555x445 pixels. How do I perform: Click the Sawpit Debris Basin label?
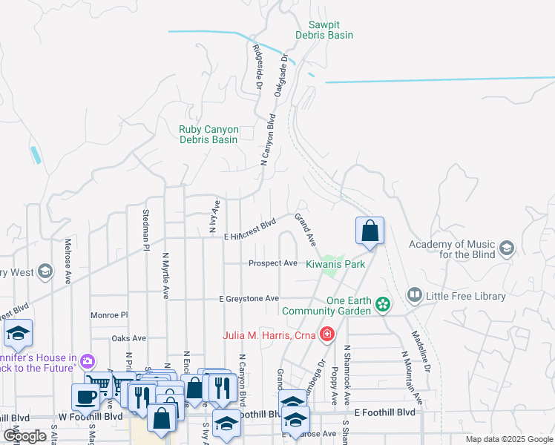324,30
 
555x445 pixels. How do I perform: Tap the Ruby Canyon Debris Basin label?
208,134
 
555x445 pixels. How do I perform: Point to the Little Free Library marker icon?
414,296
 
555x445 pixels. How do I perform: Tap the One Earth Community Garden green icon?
383,304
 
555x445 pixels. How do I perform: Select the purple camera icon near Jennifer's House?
88,362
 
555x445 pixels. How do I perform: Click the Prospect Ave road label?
272,263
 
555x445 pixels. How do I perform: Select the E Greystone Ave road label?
249,298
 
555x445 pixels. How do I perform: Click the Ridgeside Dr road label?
258,66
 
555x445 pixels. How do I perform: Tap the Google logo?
24,436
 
